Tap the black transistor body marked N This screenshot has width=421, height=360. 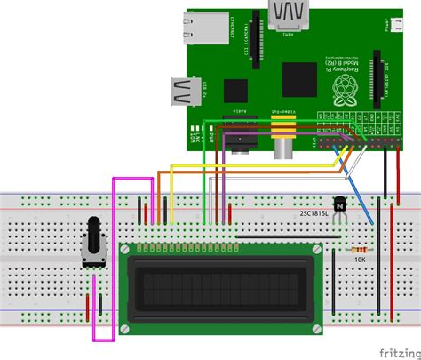[x=339, y=205]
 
